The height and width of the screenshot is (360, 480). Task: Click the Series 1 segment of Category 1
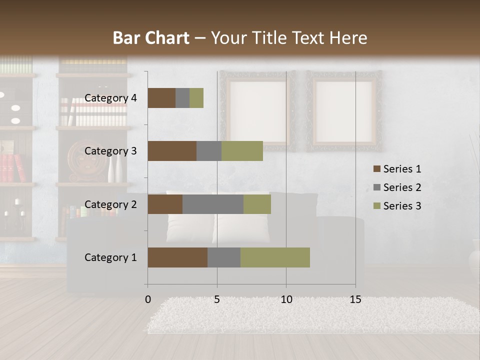tap(177, 257)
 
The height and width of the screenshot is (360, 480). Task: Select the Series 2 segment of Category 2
tap(213, 204)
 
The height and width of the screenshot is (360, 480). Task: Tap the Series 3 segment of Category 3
tap(242, 151)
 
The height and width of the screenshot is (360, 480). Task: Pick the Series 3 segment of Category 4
tap(196, 98)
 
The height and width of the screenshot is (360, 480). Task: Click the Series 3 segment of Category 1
tap(275, 257)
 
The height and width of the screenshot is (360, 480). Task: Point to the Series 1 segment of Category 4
tap(161, 98)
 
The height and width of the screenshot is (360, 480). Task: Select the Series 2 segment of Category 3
tap(209, 151)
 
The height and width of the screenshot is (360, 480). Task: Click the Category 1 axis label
tap(110, 257)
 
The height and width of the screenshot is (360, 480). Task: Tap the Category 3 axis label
tap(110, 151)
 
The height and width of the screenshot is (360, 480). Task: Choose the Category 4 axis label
tap(110, 98)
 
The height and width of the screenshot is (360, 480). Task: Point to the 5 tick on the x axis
tap(217, 299)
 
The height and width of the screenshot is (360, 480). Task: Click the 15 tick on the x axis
tap(355, 299)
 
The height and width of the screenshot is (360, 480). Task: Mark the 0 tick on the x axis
tap(148, 299)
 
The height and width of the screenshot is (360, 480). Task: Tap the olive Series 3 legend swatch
tap(376, 206)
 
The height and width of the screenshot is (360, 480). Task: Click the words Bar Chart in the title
tap(151, 38)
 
